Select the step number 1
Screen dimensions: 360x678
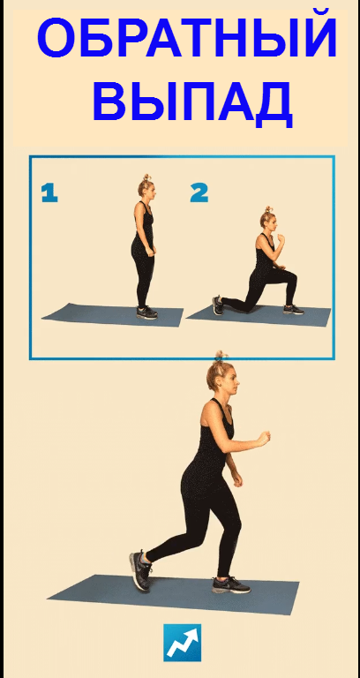49,193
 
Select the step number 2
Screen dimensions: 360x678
199,193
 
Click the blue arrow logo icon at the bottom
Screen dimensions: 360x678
182,643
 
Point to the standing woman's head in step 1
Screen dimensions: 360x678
146,187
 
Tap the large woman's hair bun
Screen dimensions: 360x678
221,358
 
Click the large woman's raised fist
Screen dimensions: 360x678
262,439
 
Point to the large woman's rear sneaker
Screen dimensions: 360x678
141,570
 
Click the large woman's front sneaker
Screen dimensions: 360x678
231,584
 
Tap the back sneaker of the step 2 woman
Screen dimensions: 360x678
218,305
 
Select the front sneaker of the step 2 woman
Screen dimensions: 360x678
294,309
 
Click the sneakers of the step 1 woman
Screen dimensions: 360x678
147,313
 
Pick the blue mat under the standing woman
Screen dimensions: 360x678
113,315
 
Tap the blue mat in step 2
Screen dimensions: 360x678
259,316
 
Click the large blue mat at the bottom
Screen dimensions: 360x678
174,593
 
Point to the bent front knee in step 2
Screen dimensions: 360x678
293,275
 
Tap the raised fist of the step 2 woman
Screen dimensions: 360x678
281,237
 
